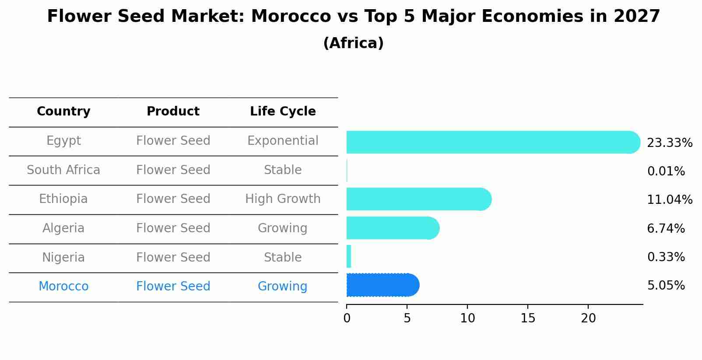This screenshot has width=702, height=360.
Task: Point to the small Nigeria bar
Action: point(349,256)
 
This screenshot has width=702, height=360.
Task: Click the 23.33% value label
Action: point(669,143)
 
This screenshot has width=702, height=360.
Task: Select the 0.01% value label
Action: point(666,171)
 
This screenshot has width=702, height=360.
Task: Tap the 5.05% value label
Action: point(666,286)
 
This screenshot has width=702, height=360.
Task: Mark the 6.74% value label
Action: point(666,228)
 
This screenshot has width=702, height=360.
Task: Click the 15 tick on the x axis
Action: point(528,318)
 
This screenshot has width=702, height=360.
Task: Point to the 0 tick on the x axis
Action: point(347,318)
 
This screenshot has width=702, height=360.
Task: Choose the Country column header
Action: point(63,112)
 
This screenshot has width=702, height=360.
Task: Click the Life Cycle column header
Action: point(283,112)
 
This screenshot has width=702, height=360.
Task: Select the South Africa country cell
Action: point(63,170)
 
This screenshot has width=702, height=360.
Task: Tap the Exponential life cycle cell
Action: point(283,141)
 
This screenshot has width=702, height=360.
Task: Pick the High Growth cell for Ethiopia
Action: point(283,199)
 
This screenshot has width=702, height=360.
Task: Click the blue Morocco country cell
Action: point(63,287)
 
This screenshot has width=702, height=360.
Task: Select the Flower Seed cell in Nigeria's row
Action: point(173,257)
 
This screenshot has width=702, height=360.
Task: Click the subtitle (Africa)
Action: point(353,43)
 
